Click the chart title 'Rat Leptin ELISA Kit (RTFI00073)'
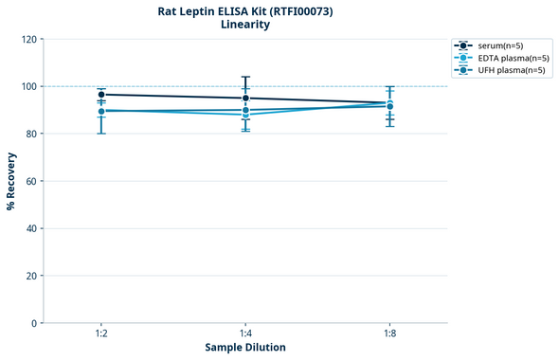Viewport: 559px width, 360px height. pyautogui.click(x=244, y=10)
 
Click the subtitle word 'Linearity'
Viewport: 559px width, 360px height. pyautogui.click(x=244, y=25)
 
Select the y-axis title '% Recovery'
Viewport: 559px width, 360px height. pyautogui.click(x=11, y=180)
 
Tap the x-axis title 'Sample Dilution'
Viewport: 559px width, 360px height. pyautogui.click(x=245, y=348)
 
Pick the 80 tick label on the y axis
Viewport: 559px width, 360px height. pyautogui.click(x=31, y=135)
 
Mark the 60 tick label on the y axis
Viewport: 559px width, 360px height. pyautogui.click(x=31, y=182)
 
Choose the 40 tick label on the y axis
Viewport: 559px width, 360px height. pyautogui.click(x=31, y=229)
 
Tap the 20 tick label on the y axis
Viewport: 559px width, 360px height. pyautogui.click(x=31, y=277)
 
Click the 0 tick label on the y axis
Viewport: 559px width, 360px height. pyautogui.click(x=34, y=324)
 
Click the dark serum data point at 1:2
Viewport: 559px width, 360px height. pyautogui.click(x=101, y=95)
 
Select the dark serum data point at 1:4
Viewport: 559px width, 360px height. pyautogui.click(x=245, y=99)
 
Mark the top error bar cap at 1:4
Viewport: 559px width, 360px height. pyautogui.click(x=245, y=78)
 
